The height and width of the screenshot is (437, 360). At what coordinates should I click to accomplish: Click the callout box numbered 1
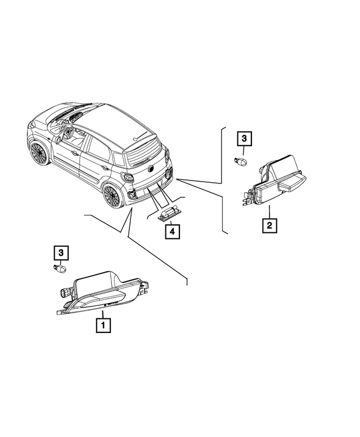point(103,325)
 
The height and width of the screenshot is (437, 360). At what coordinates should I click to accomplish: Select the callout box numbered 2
point(269,226)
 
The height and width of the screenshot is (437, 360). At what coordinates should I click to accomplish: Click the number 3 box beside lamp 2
point(245,138)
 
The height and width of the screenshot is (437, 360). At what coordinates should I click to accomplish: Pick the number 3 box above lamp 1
point(61,253)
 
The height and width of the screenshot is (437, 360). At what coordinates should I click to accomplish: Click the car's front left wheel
point(38,152)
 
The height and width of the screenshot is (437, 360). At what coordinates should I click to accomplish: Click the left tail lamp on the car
point(128,178)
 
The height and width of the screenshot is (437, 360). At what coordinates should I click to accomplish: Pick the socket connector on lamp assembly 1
point(64,293)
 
